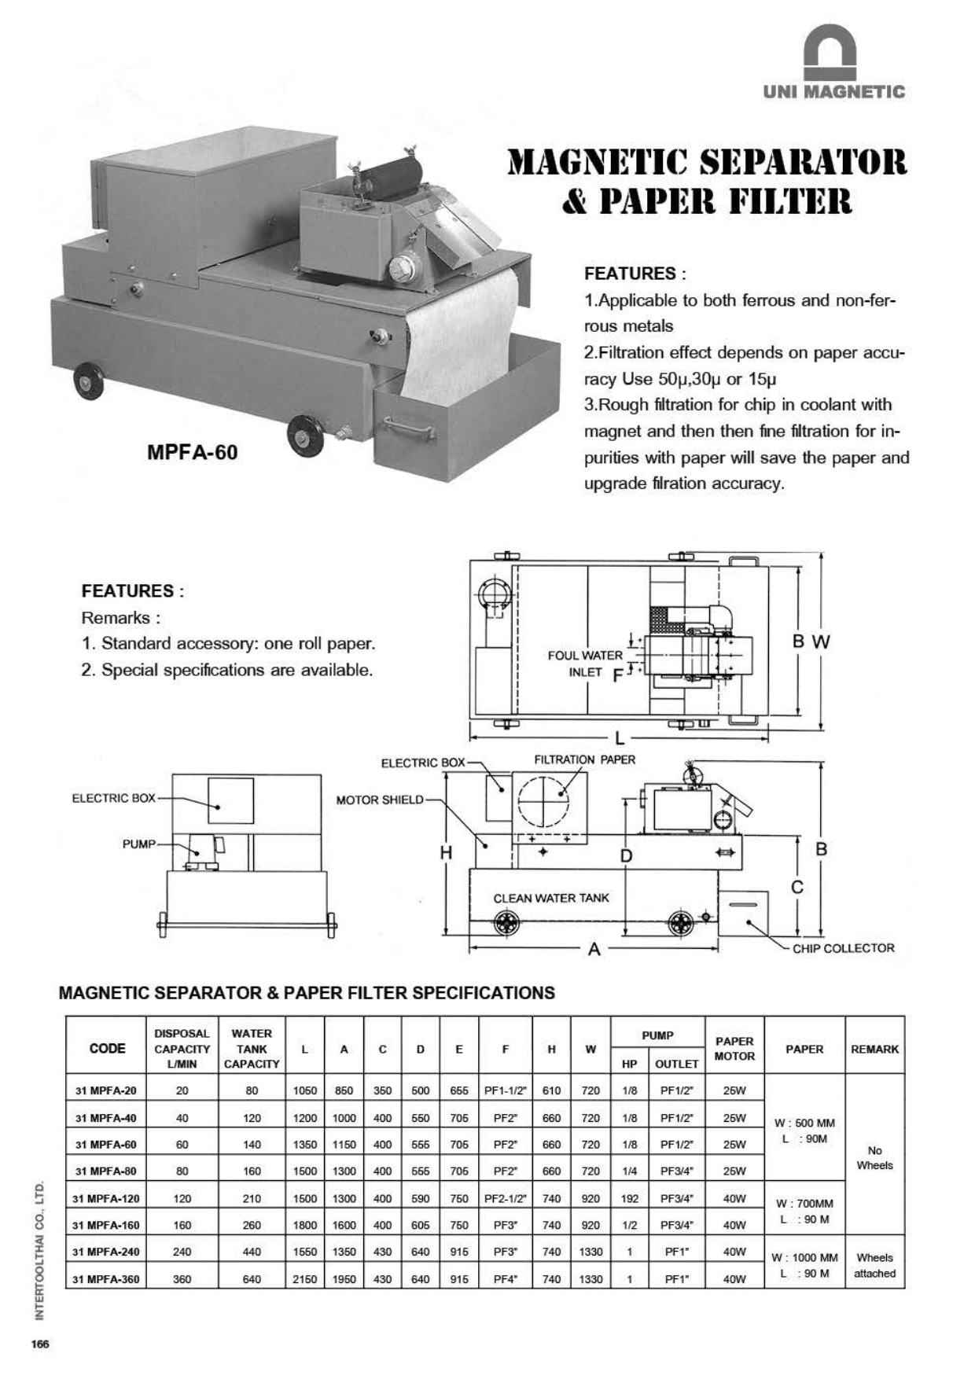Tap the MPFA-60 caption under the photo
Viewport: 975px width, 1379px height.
pyautogui.click(x=192, y=452)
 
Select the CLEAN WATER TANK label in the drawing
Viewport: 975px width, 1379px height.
pyautogui.click(x=550, y=898)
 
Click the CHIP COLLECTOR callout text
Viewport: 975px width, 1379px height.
pyautogui.click(x=843, y=948)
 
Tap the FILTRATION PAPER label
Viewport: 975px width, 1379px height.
pyautogui.click(x=584, y=759)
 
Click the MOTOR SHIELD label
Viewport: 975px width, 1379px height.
pyautogui.click(x=379, y=800)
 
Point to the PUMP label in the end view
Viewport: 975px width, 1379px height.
pyautogui.click(x=138, y=844)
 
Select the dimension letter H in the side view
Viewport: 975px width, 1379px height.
pyautogui.click(x=446, y=852)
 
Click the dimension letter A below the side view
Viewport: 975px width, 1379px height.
pyautogui.click(x=594, y=949)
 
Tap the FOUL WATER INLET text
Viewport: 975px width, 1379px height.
pyautogui.click(x=585, y=664)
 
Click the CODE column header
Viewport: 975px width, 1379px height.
pyautogui.click(x=107, y=1048)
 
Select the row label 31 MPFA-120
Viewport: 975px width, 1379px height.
pyautogui.click(x=105, y=1198)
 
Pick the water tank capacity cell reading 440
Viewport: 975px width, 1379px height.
pyautogui.click(x=252, y=1252)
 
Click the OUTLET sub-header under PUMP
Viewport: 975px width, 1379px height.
pyautogui.click(x=676, y=1064)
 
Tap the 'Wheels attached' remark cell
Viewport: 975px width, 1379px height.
pyautogui.click(x=874, y=1265)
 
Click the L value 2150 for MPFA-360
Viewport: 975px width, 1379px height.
pyautogui.click(x=304, y=1279)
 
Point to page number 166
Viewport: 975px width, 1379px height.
pyautogui.click(x=40, y=1344)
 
